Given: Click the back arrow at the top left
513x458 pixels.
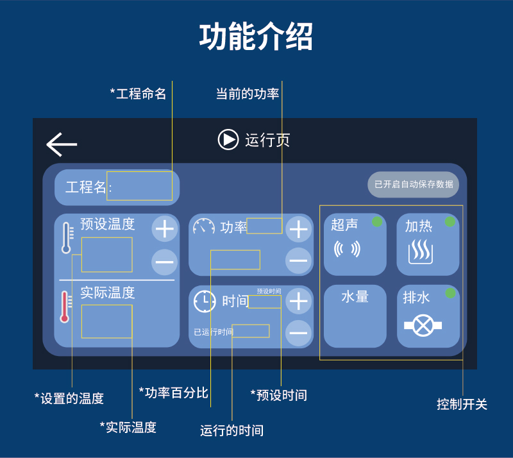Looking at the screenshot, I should click(62, 145).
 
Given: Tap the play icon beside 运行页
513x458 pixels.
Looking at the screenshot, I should click(228, 139).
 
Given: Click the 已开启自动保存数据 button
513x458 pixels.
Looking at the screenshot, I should click(413, 184).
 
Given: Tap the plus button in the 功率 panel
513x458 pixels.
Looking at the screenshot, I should click(298, 229).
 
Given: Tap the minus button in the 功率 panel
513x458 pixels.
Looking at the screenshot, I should click(298, 260).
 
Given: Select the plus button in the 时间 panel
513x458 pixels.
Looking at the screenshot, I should click(298, 301).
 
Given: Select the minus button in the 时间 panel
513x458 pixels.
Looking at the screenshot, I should click(298, 332).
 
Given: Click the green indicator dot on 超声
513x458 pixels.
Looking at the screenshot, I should click(377, 222).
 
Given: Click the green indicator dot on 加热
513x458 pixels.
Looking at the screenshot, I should click(450, 222).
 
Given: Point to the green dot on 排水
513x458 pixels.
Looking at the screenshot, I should click(450, 293).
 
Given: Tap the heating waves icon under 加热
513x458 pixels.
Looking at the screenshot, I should click(421, 252).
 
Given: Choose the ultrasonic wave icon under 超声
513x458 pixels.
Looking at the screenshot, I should click(347, 249).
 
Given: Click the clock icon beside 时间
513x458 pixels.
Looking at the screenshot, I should click(205, 301).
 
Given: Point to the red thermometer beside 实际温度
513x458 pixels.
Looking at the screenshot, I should click(65, 307).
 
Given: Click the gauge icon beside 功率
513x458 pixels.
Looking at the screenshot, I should click(204, 227).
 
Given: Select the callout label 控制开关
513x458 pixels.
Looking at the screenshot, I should click(462, 405).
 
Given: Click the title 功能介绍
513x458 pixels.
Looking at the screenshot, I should click(256, 37).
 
